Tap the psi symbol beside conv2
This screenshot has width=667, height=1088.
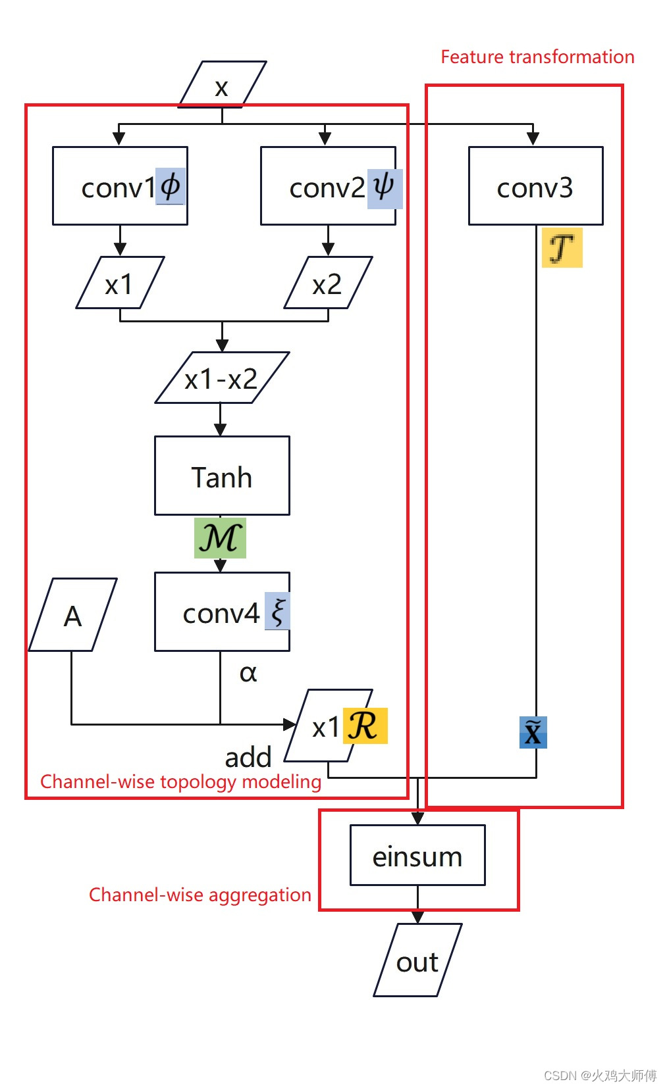(x=384, y=187)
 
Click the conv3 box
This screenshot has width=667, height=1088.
(x=535, y=186)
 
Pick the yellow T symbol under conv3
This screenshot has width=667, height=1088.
(x=562, y=248)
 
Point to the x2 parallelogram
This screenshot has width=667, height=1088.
(x=327, y=283)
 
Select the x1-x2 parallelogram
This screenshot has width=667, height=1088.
(x=221, y=378)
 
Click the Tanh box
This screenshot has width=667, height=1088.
(x=222, y=476)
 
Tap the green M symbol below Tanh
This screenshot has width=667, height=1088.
(x=220, y=538)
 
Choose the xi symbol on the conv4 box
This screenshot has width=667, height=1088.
(x=277, y=611)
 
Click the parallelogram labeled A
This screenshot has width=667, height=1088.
(x=73, y=615)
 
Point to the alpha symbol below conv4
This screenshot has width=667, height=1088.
(x=248, y=672)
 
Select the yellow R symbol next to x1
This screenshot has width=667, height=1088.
(x=364, y=726)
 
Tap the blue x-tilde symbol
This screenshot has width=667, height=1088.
(x=533, y=732)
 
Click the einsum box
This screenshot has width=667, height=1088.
(x=417, y=855)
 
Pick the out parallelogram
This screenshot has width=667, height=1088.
(x=417, y=960)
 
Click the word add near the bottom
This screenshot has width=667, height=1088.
(x=248, y=757)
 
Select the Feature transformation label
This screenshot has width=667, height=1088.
(x=537, y=57)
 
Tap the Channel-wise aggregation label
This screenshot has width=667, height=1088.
(x=200, y=895)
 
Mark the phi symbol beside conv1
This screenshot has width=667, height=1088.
(x=170, y=187)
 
